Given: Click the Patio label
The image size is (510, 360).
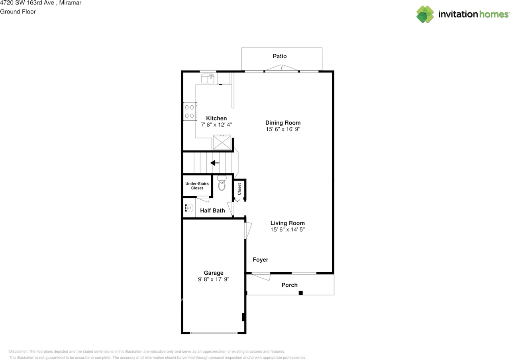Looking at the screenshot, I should [280, 56].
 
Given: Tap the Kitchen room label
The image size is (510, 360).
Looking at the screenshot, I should [216, 118].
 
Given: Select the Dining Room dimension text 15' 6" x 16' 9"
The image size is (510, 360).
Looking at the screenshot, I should [283, 129].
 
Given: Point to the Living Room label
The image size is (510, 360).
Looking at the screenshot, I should [287, 223].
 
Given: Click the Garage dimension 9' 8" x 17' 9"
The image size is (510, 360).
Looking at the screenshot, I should [214, 279].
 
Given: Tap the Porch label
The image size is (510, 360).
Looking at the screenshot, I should [290, 285].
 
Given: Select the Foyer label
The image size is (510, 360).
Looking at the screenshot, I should [261, 260].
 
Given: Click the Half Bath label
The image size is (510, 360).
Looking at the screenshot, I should [212, 210].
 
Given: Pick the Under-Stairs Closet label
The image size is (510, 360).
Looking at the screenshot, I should [197, 185].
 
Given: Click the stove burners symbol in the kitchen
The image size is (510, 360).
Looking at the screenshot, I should [189, 111].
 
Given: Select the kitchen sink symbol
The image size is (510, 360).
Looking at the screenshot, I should [207, 78].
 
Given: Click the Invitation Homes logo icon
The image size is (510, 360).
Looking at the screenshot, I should [425, 14].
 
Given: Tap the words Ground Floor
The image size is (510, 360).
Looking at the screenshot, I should [18, 12].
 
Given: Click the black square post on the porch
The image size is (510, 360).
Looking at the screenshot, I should [301, 293].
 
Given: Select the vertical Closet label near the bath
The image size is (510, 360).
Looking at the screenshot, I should [239, 189].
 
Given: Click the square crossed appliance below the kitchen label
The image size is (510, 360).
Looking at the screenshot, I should [222, 142].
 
